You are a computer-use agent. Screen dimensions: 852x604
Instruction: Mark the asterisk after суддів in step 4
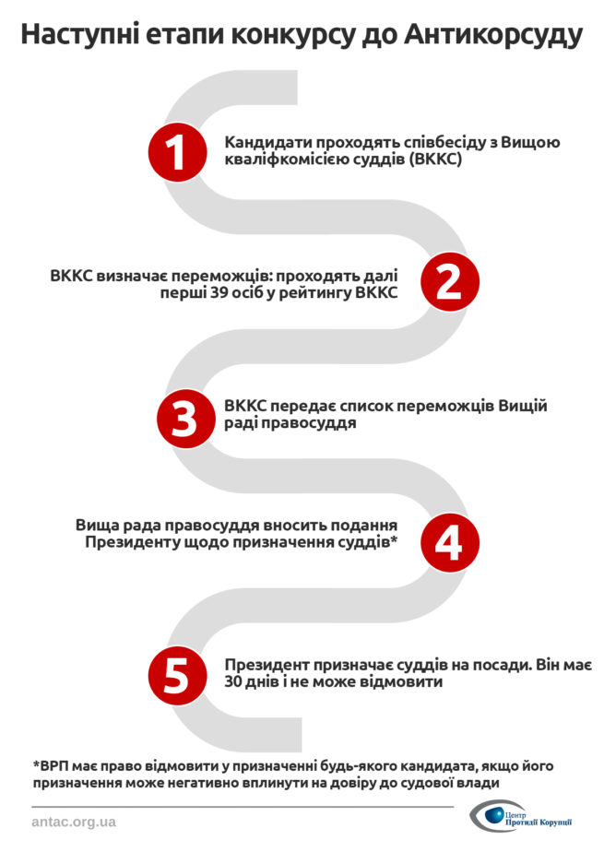click(394, 540)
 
